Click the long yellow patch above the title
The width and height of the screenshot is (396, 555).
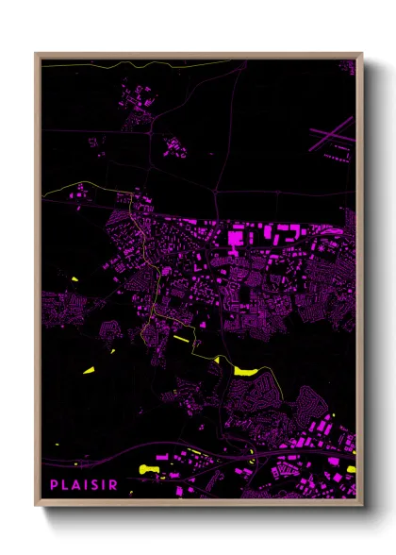(150, 468)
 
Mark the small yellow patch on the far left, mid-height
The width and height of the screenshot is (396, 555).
(74, 280)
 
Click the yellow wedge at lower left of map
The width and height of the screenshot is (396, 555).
(92, 370)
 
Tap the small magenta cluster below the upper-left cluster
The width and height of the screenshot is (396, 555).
(173, 146)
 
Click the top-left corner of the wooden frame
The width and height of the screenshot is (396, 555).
(36, 54)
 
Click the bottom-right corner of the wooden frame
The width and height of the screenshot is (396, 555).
(361, 508)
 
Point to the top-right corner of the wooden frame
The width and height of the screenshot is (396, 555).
(361, 54)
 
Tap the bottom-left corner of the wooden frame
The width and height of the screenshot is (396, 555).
(36, 508)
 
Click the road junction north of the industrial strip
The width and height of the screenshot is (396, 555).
(216, 193)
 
